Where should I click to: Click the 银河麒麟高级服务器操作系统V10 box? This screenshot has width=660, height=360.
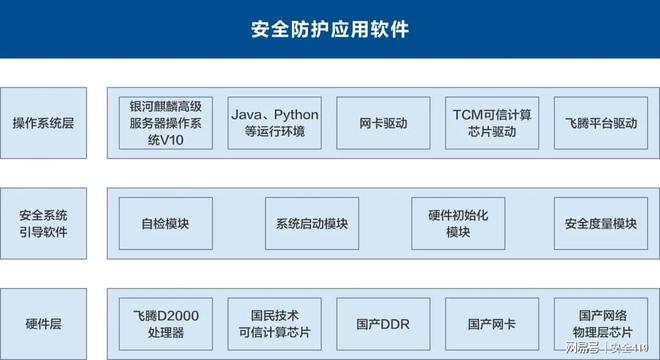pos(165,123)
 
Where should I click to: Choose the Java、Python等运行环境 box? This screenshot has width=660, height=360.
pos(275,123)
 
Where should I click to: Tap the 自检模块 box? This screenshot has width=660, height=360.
pos(165,224)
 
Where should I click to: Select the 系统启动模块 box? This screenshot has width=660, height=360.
pos(311,224)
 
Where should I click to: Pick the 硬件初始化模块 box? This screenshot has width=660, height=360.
pos(457,224)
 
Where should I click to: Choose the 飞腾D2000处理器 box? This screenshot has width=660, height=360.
pos(165,324)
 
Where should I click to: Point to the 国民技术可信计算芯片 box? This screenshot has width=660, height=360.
pos(275,324)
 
